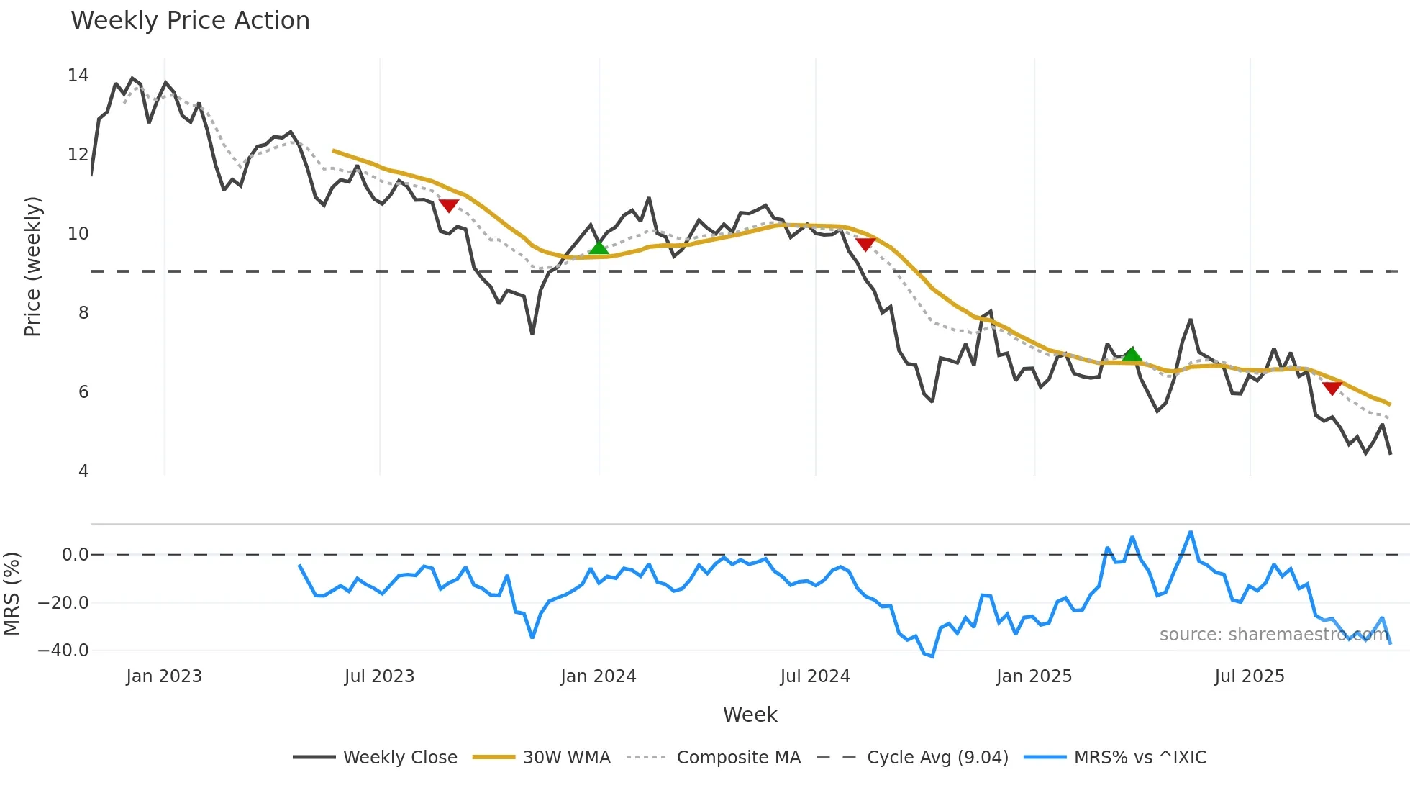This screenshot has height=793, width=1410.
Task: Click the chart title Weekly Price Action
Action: tap(190, 21)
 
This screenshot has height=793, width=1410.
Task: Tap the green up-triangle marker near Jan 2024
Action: tap(599, 248)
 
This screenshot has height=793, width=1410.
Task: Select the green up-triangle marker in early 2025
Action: tap(1132, 354)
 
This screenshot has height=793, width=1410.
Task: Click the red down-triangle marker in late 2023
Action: tap(449, 206)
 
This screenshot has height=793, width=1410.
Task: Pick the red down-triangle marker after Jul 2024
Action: tap(865, 244)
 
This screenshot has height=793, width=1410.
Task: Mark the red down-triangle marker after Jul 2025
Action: tap(1332, 388)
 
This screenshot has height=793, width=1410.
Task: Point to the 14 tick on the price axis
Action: tap(78, 76)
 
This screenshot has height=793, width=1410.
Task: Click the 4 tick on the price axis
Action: tap(83, 471)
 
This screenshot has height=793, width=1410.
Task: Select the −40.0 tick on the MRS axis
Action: tap(63, 650)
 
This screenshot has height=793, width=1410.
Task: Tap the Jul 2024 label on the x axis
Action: tap(815, 676)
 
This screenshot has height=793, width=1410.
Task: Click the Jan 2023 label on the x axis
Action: tap(164, 676)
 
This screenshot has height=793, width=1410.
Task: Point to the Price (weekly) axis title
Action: tap(33, 266)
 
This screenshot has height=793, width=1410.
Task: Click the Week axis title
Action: tap(750, 715)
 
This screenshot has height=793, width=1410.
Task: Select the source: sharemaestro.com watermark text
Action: tap(1273, 634)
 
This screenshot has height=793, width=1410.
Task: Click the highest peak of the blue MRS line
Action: tap(1191, 533)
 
